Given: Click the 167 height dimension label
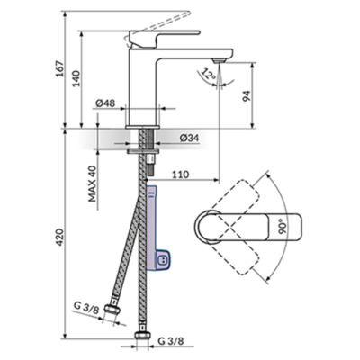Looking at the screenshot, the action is click(59, 69).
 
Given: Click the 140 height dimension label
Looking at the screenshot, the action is click(76, 78).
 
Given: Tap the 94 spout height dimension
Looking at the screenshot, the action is click(247, 95).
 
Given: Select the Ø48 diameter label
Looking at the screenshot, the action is click(105, 103).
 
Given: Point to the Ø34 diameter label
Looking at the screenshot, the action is click(189, 139).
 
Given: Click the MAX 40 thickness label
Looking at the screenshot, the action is click(93, 184).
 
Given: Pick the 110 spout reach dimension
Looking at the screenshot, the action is click(180, 175).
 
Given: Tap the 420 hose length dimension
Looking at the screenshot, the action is click(59, 238).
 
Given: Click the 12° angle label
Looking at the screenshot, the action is click(209, 74).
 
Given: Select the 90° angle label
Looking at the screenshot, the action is click(283, 227).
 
